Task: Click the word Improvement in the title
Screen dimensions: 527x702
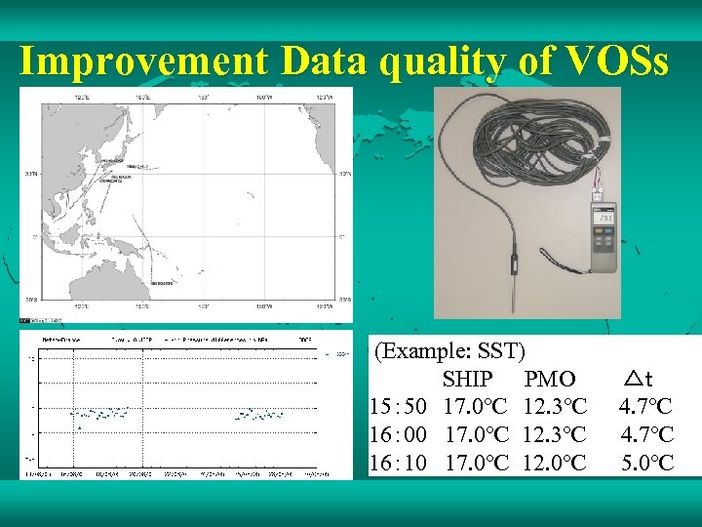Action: click(144, 61)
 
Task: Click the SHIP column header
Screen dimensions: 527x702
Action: click(469, 379)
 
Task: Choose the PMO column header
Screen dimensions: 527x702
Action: click(550, 379)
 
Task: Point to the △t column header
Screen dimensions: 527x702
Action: click(640, 379)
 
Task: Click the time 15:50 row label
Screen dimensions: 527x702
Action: click(400, 405)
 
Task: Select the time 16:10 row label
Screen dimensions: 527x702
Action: click(400, 462)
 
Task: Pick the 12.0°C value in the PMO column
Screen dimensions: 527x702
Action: click(555, 462)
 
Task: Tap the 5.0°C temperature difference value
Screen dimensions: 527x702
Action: click(647, 462)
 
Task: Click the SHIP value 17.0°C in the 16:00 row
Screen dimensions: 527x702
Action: click(477, 433)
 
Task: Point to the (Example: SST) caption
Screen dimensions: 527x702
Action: click(450, 350)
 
